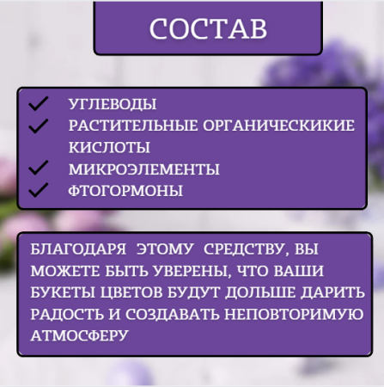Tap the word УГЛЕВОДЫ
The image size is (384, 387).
click(113, 105)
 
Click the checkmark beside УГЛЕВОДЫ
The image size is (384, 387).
click(37, 104)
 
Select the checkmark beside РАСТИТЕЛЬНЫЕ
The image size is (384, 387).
click(37, 126)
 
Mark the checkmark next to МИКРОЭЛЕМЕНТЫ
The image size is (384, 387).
click(37, 168)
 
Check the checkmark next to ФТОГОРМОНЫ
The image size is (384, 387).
click(37, 189)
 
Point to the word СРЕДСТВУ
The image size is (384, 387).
click(241, 251)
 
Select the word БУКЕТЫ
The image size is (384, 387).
click(63, 292)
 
